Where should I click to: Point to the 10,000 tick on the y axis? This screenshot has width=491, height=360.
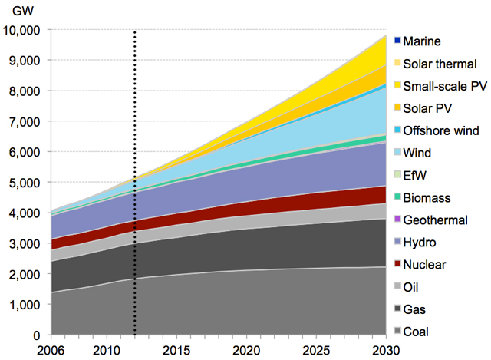[23, 30]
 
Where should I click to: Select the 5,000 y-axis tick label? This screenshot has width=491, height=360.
[26, 183]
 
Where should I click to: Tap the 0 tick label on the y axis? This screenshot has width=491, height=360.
[37, 335]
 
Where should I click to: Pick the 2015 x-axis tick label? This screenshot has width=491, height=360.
[176, 350]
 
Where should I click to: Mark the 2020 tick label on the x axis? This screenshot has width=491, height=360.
[246, 350]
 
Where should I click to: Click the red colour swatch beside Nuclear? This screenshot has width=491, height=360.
[397, 266]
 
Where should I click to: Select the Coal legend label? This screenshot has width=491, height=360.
[418, 332]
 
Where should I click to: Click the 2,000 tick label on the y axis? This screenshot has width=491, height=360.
[26, 274]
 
